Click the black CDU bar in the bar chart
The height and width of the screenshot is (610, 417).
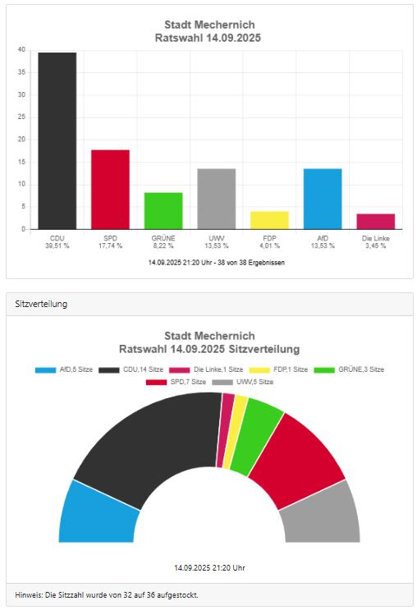[x=57, y=141]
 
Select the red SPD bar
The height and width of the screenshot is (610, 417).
[x=110, y=190]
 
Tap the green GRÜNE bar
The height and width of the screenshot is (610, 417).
[x=163, y=211]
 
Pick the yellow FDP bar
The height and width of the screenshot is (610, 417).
[x=269, y=220]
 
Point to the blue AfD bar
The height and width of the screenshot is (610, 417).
[x=323, y=199]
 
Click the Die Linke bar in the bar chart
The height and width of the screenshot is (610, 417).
[x=376, y=222]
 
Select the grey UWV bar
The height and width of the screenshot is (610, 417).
[x=216, y=199]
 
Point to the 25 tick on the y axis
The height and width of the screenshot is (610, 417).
[x=21, y=117]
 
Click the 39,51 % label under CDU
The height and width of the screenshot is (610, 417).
[x=57, y=245]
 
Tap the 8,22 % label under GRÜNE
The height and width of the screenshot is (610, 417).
[x=163, y=245]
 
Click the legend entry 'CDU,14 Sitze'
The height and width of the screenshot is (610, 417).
[x=131, y=369]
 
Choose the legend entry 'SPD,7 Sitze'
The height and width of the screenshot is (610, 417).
[x=176, y=382]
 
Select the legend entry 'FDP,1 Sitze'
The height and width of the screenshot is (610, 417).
[x=278, y=369]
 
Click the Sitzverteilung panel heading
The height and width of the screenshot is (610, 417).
[x=41, y=304]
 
